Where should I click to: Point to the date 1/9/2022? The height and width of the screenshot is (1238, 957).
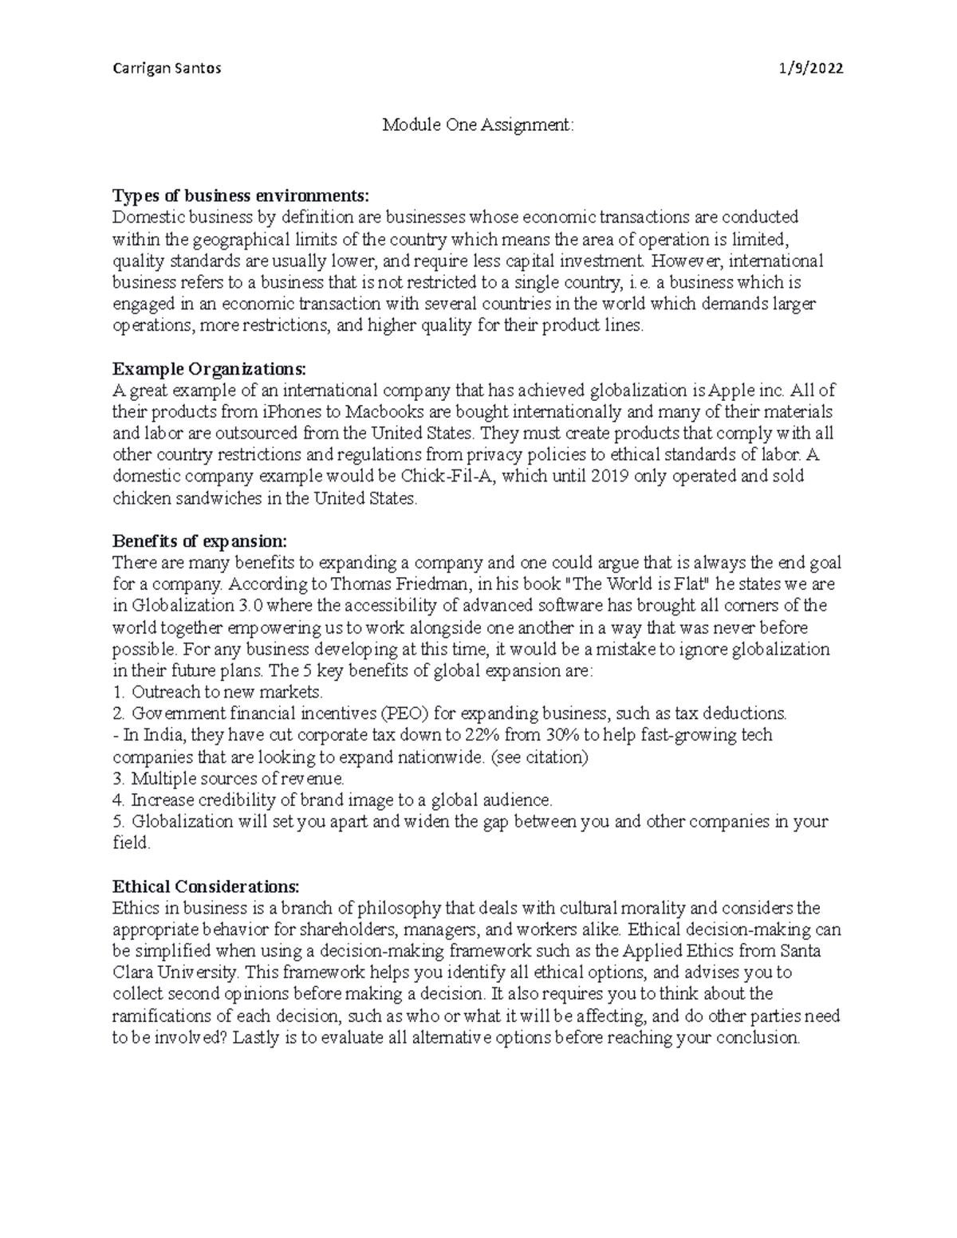point(811,68)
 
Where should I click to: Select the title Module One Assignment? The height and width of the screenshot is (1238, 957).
point(478,125)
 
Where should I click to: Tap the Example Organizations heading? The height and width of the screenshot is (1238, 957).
point(209,369)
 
